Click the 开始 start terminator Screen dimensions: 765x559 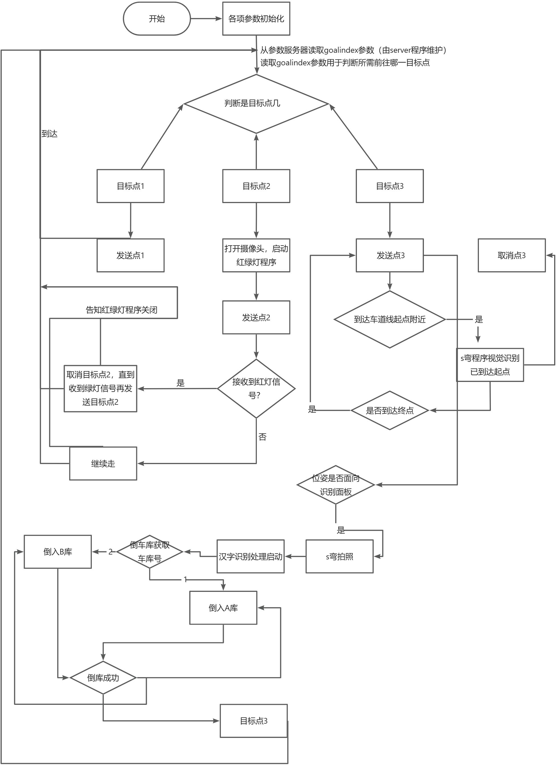pos(157,19)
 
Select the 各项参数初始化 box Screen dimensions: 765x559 pos(256,19)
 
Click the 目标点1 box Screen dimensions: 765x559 pos(131,186)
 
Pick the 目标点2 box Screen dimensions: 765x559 pos(256,186)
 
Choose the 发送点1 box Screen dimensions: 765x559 pos(131,255)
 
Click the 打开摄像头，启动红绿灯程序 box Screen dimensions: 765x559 pos(256,255)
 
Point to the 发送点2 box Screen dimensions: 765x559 pos(256,317)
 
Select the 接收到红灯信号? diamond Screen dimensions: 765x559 pos(256,388)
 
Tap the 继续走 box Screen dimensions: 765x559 pos(103,464)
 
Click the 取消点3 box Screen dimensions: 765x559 pos(512,255)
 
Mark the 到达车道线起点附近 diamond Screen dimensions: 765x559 pos(390,319)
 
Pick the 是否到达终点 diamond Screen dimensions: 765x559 pos(390,410)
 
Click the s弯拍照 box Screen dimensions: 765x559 pos(340,556)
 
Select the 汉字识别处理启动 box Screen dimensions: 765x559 pos(250,556)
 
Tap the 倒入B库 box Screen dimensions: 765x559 pos(58,552)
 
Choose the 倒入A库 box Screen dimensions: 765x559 pos(223,608)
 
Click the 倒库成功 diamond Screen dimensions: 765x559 pos(103,678)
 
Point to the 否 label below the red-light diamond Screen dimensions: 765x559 pos(263,437)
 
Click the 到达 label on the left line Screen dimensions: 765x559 pos(50,134)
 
